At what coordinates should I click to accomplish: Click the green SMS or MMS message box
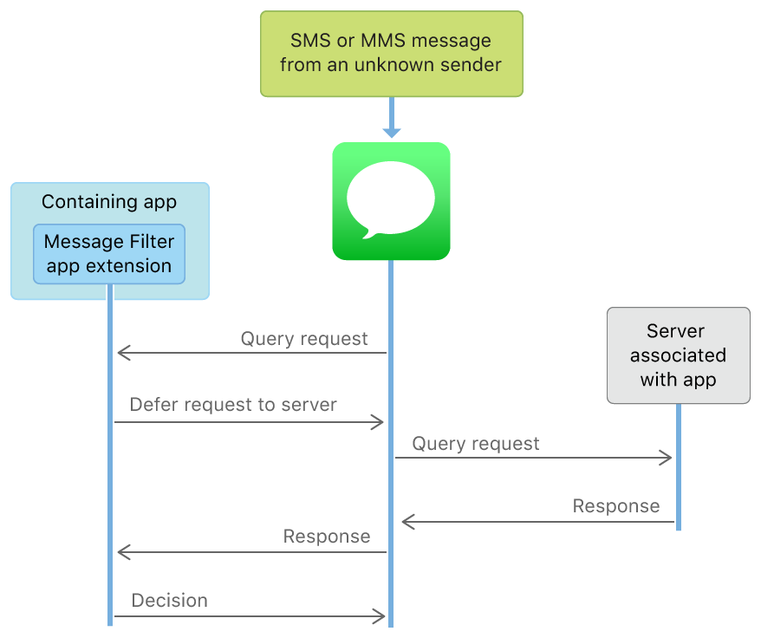(392, 53)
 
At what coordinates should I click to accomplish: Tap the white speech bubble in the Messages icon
(391, 197)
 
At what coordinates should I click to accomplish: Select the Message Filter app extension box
(109, 253)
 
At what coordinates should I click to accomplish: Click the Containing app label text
(109, 202)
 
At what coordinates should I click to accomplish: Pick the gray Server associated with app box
(678, 355)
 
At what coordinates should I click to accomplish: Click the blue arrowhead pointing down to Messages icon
(392, 131)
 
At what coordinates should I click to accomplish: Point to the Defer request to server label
(233, 405)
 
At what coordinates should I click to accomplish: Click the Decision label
(170, 600)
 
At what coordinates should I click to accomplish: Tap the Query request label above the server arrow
(476, 444)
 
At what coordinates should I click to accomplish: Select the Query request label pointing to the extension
(304, 338)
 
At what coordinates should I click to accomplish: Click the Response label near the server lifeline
(616, 505)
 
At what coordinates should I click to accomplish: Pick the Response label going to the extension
(327, 537)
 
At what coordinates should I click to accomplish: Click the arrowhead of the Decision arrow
(379, 616)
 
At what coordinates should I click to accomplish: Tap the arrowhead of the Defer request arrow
(378, 422)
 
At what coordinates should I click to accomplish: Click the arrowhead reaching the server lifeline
(667, 458)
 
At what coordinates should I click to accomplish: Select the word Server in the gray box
(676, 331)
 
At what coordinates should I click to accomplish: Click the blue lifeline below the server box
(678, 468)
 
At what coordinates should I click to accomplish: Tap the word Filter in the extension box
(153, 241)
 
